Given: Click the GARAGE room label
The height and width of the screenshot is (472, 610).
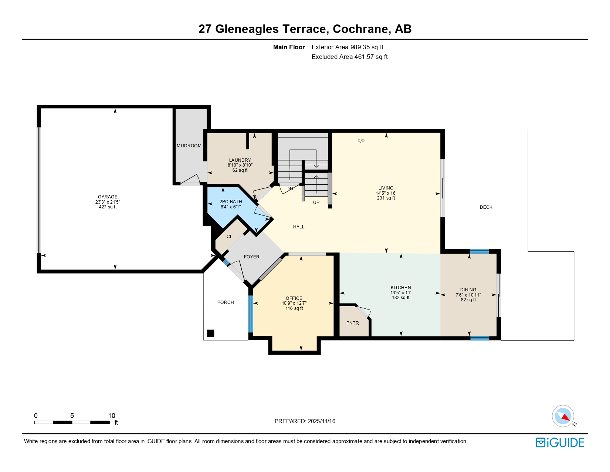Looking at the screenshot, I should coord(108,197).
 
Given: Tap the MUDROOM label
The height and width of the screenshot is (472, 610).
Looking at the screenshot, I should coord(189,146).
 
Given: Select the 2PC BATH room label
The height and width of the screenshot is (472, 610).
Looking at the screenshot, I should coord(231,202).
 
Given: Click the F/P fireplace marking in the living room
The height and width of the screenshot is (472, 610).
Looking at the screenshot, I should coord(361,141).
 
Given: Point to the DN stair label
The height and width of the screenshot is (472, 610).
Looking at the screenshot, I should coord(290,189).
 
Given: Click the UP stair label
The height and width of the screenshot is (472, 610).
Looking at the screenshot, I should coord(316,202).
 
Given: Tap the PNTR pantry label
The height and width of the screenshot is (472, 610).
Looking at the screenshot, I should coord(352,323).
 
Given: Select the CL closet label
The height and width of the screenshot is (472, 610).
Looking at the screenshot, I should coord(230,237).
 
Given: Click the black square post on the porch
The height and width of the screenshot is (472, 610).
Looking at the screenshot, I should coord(210,333).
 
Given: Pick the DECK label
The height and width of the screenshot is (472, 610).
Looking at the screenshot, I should coord(486,207).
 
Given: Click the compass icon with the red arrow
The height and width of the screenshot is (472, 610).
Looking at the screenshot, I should coord(563,416).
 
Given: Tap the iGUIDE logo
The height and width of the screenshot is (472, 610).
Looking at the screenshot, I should coord(560,443).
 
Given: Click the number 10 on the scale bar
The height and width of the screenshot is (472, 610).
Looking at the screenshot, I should coord(112,416).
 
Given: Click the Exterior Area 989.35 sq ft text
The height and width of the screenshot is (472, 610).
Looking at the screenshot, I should coord(347,47).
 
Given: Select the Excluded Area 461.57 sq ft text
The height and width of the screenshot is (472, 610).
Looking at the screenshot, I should coord(349,57).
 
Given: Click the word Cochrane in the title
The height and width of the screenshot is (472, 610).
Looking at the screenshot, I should coord(362,29).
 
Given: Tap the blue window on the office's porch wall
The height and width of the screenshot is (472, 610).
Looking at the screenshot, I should coord(250,314).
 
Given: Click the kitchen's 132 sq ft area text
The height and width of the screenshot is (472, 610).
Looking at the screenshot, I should coord(401,298).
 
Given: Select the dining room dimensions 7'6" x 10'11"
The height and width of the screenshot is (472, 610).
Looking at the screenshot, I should coord(468,295).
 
